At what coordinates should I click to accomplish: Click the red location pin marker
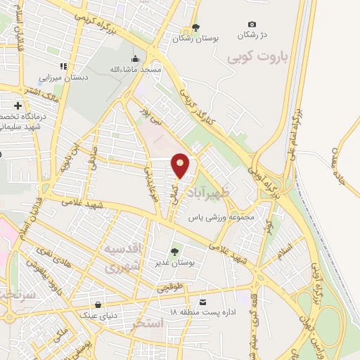[x=181, y=165]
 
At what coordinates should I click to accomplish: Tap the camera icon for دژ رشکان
[x=252, y=25]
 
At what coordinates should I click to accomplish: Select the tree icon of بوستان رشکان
[x=195, y=27]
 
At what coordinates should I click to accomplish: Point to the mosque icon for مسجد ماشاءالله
[x=136, y=58]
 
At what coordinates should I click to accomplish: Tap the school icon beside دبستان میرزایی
[x=63, y=66]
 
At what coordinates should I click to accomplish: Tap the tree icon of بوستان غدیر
[x=175, y=252]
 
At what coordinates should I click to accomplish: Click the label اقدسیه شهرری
[x=123, y=258]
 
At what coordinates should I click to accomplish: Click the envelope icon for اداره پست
[x=203, y=302]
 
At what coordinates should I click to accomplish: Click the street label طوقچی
[x=168, y=288]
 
